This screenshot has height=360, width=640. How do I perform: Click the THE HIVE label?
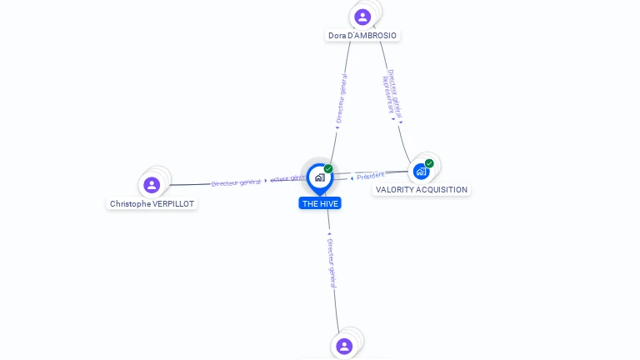[321, 203]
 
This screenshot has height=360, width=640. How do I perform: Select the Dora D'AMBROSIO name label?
[362, 36]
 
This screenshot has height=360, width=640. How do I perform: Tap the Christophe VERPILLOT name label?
[152, 203]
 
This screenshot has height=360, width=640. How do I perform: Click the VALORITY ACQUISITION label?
[421, 190]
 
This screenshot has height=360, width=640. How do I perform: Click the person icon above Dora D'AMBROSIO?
[362, 16]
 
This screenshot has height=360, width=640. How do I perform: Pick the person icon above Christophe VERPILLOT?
[152, 184]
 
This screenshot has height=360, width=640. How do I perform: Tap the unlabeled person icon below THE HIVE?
[344, 346]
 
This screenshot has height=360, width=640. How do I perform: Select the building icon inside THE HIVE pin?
[320, 177]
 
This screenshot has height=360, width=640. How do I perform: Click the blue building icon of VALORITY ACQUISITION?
[421, 171]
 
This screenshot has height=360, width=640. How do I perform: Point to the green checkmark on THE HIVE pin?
[328, 169]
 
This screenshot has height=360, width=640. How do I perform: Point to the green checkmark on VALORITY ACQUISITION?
[429, 163]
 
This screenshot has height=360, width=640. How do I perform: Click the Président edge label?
[372, 175]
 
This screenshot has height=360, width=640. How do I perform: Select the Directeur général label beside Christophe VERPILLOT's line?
[236, 182]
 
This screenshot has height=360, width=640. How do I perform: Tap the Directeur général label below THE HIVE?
[332, 262]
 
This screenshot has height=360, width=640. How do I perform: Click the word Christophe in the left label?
[131, 203]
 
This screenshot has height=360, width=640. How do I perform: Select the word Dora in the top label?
[337, 36]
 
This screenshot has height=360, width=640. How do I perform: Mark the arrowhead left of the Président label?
[353, 177]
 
